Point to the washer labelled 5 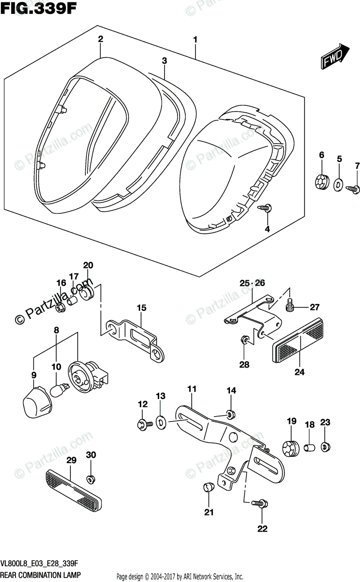(338, 184)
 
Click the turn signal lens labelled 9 (37, 402)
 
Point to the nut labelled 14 (230, 414)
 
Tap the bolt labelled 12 (144, 424)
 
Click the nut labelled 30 (90, 479)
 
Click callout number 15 (141, 307)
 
